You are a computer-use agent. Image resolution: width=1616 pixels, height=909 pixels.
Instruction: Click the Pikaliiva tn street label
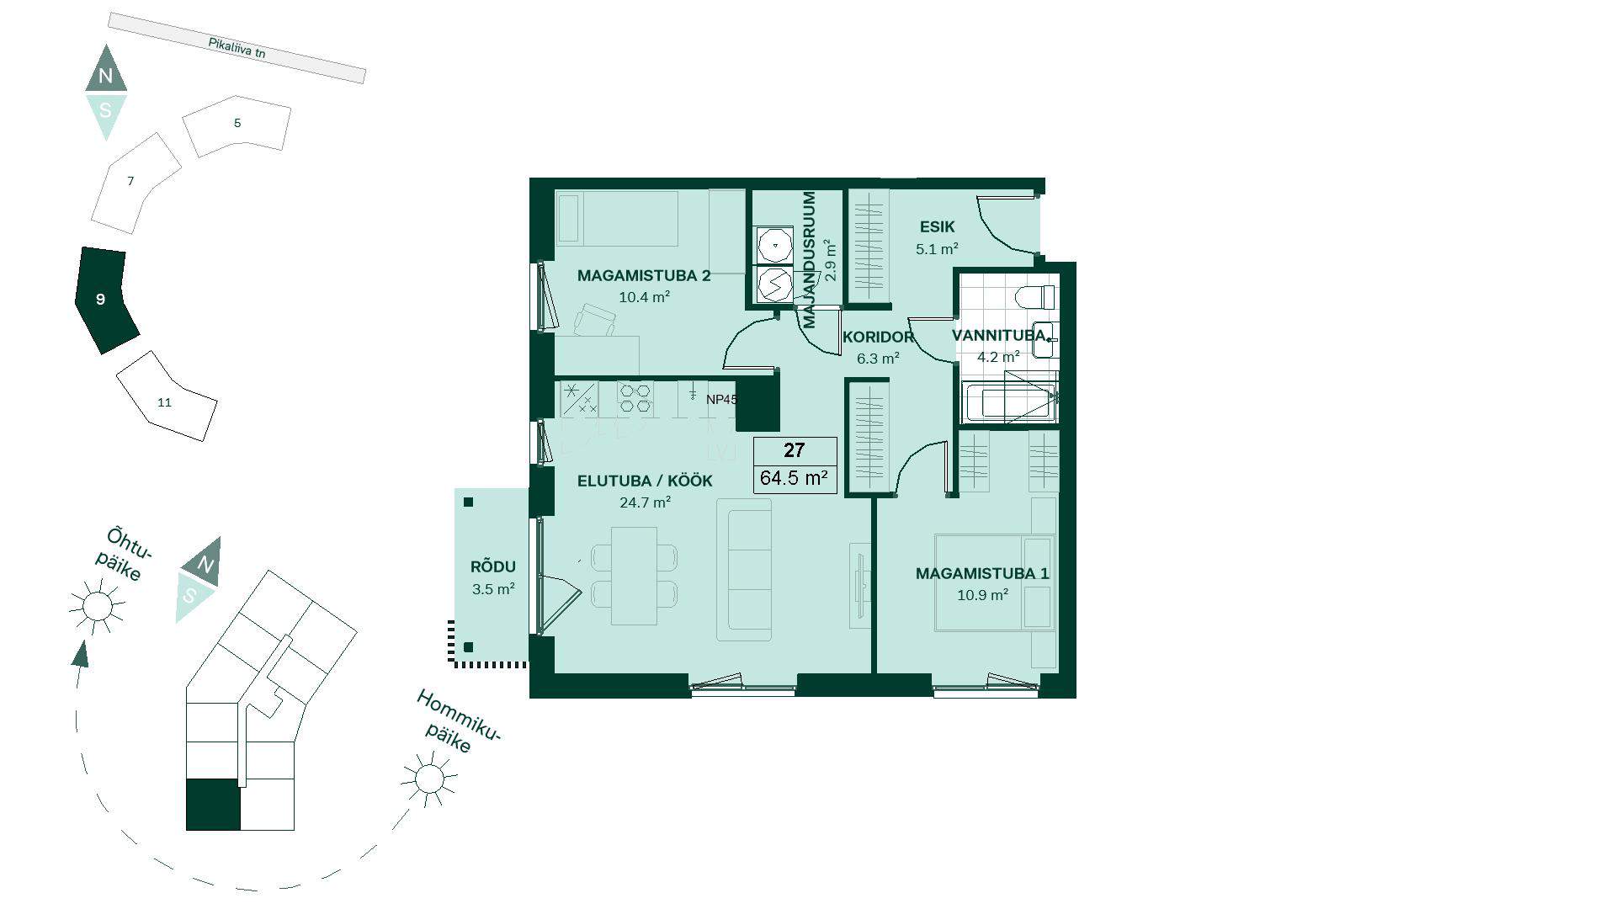click(x=237, y=48)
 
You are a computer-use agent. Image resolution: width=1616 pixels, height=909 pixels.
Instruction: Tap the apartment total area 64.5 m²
click(x=794, y=478)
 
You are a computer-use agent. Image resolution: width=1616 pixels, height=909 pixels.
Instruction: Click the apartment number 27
click(x=794, y=450)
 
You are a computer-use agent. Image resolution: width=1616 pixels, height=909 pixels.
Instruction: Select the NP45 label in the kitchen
click(x=721, y=400)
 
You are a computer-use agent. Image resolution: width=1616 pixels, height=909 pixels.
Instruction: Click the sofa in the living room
click(x=744, y=570)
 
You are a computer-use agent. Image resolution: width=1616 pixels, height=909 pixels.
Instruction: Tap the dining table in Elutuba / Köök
click(x=634, y=576)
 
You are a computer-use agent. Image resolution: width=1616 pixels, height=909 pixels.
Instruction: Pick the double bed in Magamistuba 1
click(x=995, y=582)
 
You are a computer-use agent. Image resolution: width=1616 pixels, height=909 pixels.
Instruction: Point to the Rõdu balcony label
click(x=493, y=567)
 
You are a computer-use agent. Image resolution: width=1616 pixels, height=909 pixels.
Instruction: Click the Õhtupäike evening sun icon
click(x=97, y=605)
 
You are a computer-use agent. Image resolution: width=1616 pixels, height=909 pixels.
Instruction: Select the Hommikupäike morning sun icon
click(x=428, y=779)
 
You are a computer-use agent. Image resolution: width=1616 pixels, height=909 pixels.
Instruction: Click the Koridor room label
click(x=878, y=338)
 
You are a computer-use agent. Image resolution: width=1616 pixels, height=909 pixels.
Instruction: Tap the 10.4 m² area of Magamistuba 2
click(x=644, y=297)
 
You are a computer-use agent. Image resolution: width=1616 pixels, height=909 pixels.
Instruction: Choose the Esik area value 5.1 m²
click(x=937, y=249)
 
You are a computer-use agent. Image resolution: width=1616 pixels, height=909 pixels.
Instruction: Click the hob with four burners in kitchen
click(x=635, y=398)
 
